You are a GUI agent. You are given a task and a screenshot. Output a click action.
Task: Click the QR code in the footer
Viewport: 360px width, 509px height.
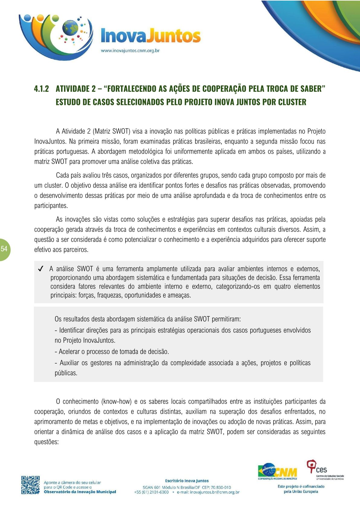(30, 485)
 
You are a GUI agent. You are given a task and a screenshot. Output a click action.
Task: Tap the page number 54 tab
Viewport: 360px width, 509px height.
(4, 249)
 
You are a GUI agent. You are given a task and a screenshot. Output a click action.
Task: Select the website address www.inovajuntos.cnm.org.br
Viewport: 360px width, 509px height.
(130, 51)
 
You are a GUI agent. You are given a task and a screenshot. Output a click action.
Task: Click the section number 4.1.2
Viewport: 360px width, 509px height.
(41, 89)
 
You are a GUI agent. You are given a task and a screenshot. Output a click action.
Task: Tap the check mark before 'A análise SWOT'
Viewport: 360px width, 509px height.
(41, 269)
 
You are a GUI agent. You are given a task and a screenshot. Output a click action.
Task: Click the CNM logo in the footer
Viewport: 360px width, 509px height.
(277, 471)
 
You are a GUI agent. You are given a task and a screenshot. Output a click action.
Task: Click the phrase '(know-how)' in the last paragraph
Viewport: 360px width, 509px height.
(117, 402)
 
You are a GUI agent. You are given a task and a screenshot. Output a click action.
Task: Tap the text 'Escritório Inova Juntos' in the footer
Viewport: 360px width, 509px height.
(187, 481)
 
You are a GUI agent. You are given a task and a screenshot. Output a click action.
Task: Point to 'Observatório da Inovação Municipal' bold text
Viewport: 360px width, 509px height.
(80, 492)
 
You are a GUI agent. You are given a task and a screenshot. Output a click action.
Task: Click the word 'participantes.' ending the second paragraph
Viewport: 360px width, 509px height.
(51, 206)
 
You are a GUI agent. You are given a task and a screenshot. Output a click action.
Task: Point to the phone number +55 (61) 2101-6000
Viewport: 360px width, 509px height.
(152, 492)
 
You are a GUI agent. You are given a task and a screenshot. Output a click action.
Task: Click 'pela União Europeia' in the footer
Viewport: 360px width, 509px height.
(301, 491)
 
